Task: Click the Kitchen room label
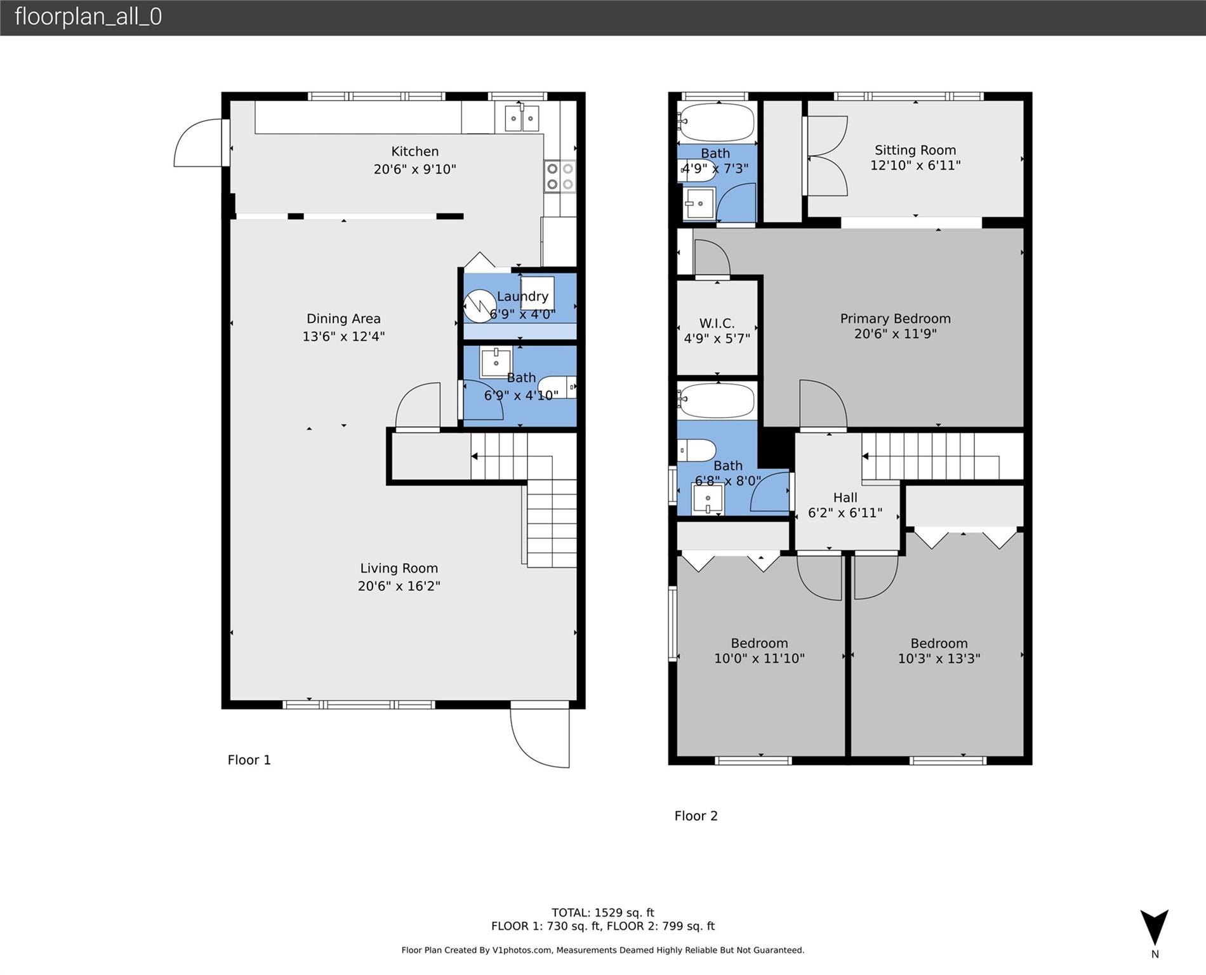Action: tap(414, 151)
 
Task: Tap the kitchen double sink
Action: tap(522, 119)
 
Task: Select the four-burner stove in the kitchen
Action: tap(560, 176)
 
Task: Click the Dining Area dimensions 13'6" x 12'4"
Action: tap(343, 336)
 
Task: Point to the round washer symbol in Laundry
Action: tap(479, 306)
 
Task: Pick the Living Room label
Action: tap(399, 568)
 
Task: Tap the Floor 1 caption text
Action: tap(249, 760)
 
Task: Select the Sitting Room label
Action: tap(915, 150)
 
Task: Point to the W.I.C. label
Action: tap(717, 323)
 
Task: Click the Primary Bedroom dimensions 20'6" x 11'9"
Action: tap(895, 334)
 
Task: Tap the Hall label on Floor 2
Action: tap(845, 498)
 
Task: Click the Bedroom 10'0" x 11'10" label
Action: tap(759, 643)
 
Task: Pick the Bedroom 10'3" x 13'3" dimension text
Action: tap(939, 659)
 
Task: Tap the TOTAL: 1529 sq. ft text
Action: tap(602, 913)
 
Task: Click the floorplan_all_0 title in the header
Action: tap(88, 17)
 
